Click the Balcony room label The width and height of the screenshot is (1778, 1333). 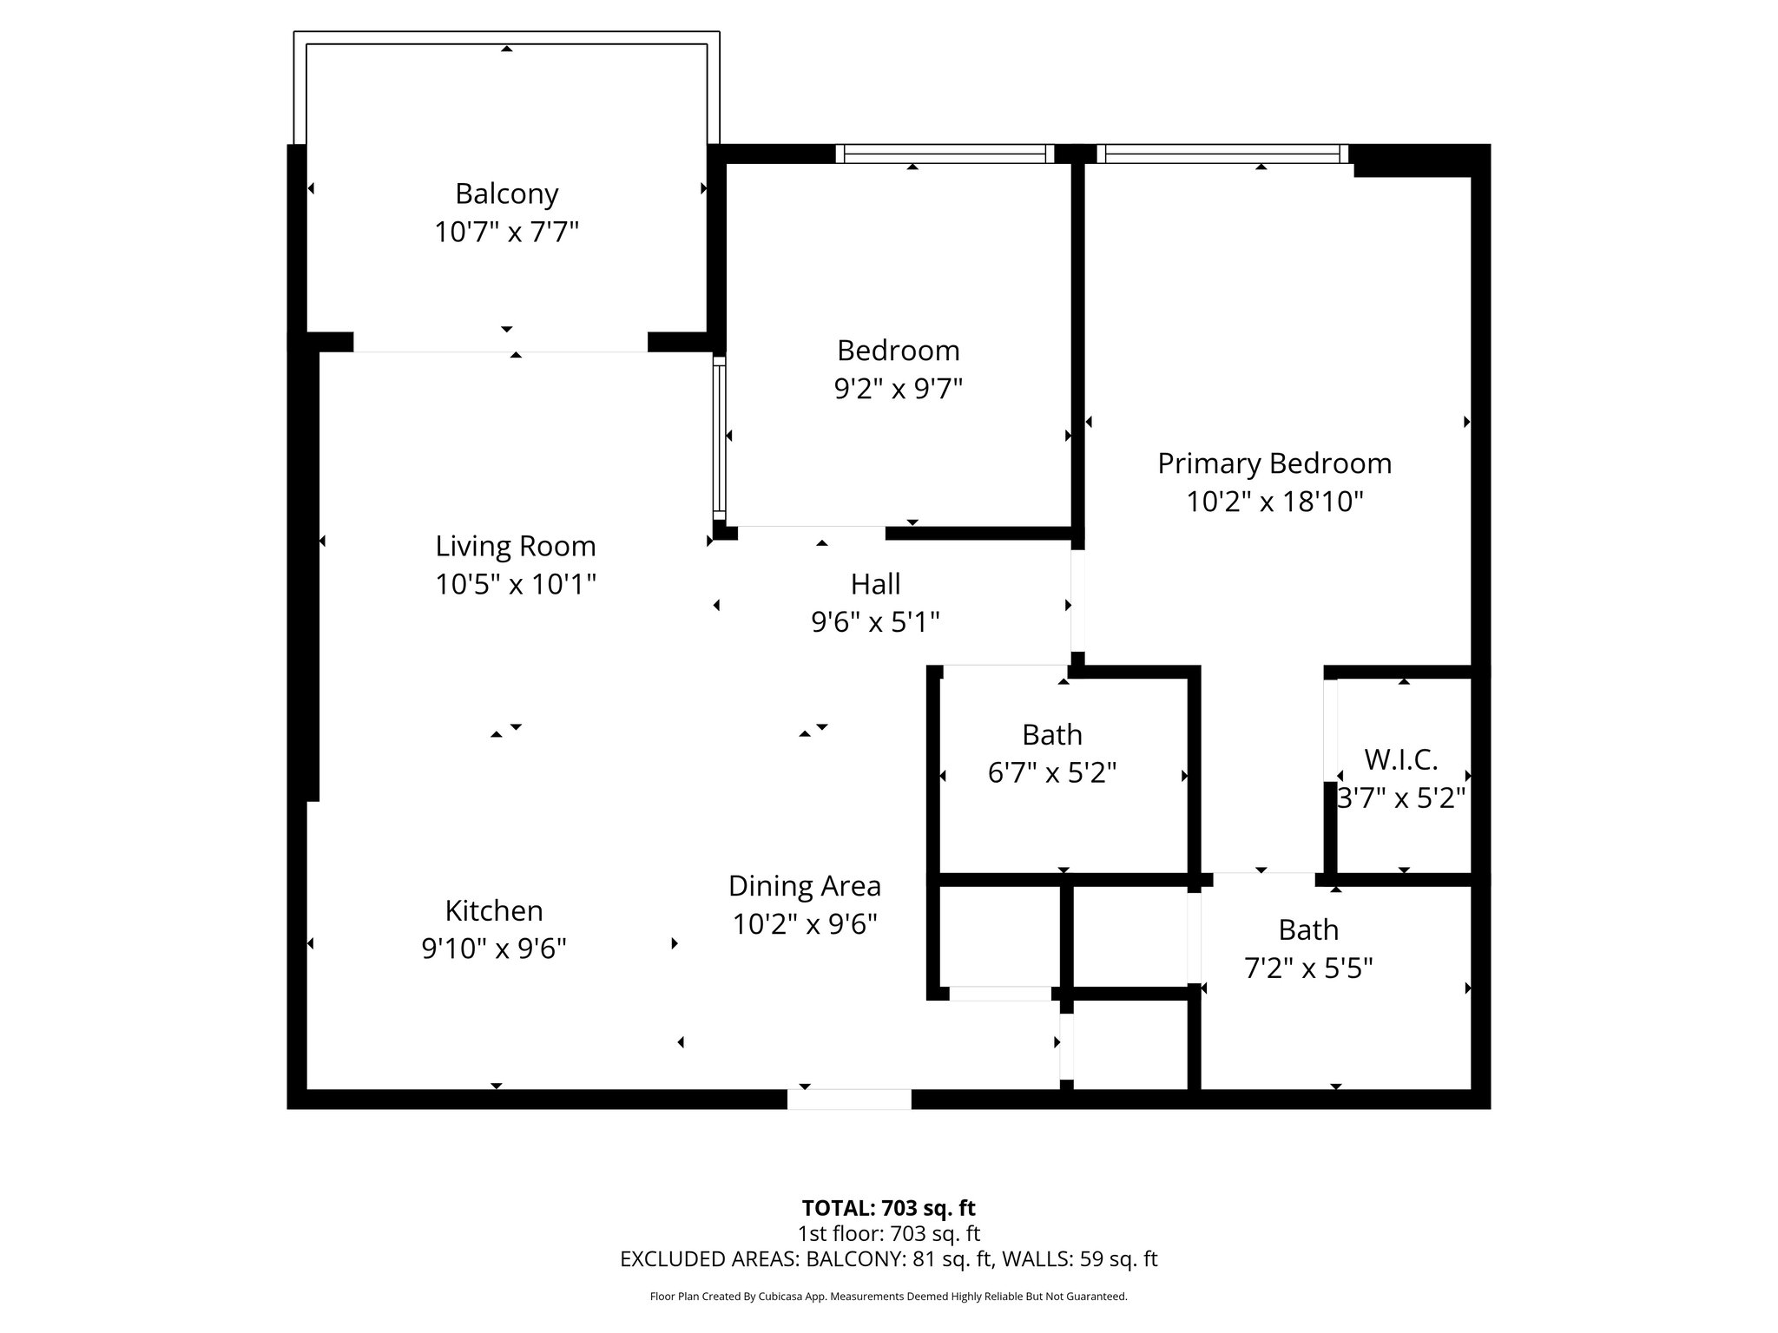click(x=506, y=194)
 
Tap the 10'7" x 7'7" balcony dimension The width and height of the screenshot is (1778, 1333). click(x=506, y=233)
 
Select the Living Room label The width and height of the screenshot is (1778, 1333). click(x=516, y=547)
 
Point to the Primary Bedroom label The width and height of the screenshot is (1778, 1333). click(x=1274, y=464)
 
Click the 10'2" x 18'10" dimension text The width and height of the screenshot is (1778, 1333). click(x=1274, y=502)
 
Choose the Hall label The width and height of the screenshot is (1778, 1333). click(x=875, y=584)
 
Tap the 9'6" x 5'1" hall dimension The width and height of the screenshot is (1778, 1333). click(x=875, y=622)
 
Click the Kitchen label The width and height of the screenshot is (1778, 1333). click(x=494, y=911)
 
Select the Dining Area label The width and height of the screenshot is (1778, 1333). click(x=805, y=886)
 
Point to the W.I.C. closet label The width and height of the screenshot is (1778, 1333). click(x=1401, y=760)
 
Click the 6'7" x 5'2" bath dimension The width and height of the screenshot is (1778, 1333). click(x=1052, y=772)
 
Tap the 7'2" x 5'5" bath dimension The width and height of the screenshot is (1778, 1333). click(x=1308, y=968)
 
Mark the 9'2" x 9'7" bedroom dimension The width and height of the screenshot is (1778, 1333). click(x=899, y=389)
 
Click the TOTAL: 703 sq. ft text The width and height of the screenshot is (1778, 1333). click(x=889, y=1208)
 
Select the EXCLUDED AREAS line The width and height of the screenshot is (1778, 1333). click(x=889, y=1259)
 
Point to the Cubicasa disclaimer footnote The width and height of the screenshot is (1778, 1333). click(x=889, y=1297)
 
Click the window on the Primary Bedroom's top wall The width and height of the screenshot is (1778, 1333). click(x=1222, y=154)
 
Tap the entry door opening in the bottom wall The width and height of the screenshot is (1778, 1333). click(x=849, y=1099)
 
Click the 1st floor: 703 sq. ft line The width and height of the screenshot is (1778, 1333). click(x=889, y=1233)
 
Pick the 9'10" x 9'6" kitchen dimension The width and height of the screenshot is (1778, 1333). click(x=494, y=949)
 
